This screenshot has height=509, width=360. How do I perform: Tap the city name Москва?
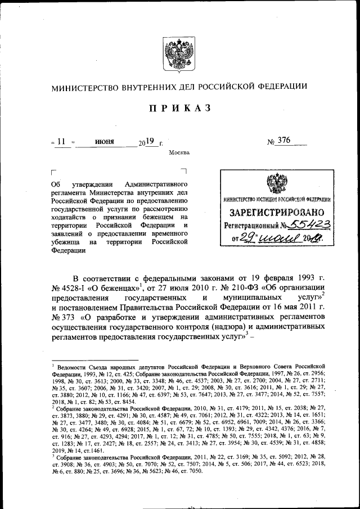click(x=179, y=152)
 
